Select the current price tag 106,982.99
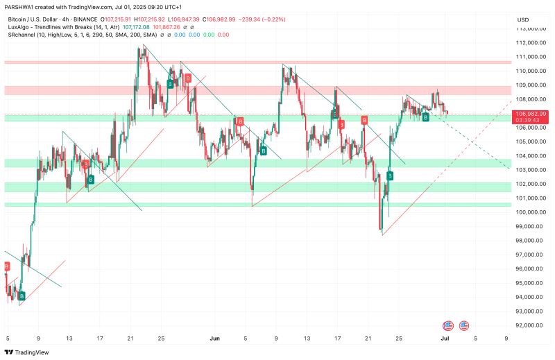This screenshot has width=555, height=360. (x=531, y=113)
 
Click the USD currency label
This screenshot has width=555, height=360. (x=523, y=19)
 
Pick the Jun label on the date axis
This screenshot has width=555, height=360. (x=214, y=338)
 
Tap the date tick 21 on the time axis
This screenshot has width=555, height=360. (x=130, y=338)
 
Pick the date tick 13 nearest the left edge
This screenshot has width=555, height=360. (x=69, y=338)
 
